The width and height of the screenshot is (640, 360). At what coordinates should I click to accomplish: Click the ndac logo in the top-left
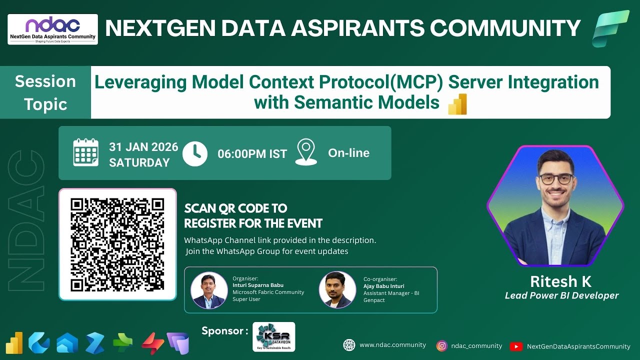[x=52, y=29]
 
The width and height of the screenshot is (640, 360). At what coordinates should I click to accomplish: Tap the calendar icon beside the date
[x=86, y=152]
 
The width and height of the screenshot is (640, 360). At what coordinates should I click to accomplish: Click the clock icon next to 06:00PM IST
[x=195, y=153]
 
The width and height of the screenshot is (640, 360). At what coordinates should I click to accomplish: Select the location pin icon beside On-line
[x=306, y=152]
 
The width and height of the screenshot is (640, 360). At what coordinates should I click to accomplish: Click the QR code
[x=117, y=244]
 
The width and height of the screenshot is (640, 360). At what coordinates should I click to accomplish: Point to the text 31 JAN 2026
[x=143, y=147]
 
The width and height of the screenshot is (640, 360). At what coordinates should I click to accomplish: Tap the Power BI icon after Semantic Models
[x=457, y=104]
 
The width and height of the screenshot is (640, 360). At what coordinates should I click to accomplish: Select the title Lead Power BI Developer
[x=561, y=295]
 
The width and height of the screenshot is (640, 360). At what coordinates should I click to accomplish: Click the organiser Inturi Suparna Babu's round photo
[x=209, y=290]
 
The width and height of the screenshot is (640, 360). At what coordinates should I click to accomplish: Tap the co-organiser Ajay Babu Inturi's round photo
[x=337, y=290]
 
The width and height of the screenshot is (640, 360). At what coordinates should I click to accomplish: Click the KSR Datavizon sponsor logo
[x=273, y=337]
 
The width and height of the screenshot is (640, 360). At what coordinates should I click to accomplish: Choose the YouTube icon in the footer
[x=516, y=346]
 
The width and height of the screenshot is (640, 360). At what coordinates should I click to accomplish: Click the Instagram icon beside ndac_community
[x=441, y=345]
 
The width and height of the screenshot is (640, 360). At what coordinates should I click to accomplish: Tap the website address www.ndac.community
[x=392, y=345]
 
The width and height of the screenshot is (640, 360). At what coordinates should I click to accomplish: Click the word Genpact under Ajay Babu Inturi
[x=374, y=300]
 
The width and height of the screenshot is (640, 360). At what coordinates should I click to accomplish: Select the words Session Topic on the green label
[x=45, y=93]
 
